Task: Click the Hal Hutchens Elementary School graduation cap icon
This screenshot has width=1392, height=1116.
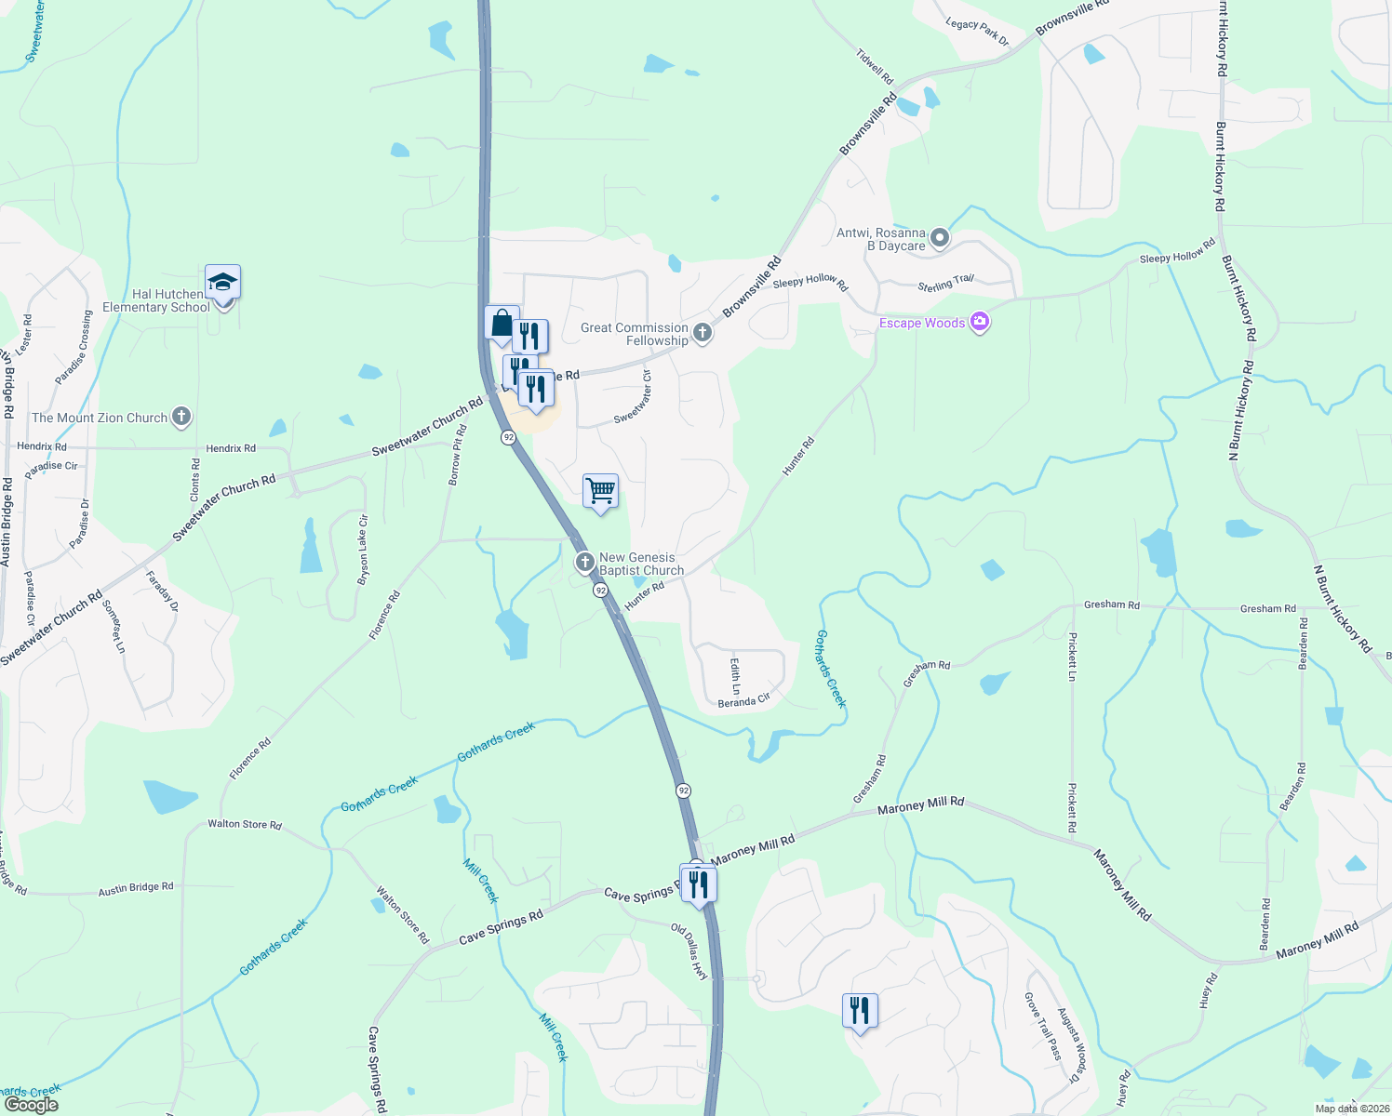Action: (x=223, y=282)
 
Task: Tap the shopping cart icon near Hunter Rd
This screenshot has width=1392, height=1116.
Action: (x=600, y=490)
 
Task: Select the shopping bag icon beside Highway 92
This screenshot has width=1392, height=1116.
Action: (x=502, y=323)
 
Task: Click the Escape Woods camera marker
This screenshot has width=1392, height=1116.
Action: (x=979, y=323)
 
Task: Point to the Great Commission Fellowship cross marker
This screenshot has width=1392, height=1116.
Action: (x=703, y=333)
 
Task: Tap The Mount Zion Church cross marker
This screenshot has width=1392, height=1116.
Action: (x=181, y=418)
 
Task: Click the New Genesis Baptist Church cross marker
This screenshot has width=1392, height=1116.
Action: (x=584, y=562)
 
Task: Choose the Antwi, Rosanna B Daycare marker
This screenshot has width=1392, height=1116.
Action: (x=940, y=238)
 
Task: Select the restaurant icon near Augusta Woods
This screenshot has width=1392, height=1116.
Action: (x=860, y=1010)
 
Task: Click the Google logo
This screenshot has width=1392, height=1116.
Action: (x=31, y=1105)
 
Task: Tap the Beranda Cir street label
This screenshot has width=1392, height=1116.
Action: (x=744, y=700)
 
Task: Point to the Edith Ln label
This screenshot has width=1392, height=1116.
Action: (x=735, y=676)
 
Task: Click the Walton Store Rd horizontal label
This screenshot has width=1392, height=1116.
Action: (x=244, y=824)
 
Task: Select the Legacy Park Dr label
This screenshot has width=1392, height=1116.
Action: (x=977, y=31)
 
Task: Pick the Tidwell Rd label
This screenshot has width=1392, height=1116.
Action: (x=875, y=66)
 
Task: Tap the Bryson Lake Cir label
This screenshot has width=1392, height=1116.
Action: (x=363, y=550)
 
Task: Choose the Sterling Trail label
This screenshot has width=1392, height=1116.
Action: (x=945, y=284)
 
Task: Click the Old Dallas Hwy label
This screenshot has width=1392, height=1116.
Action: (x=689, y=951)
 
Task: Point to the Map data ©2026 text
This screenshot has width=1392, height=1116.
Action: (x=1351, y=1109)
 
